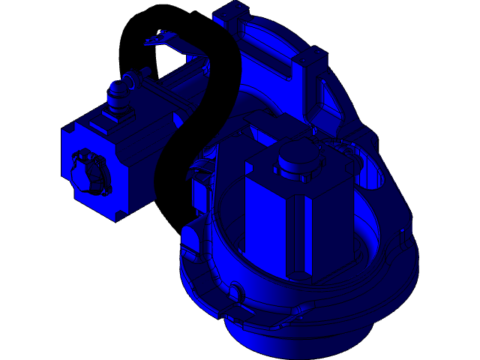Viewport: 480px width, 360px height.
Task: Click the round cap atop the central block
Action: [x=295, y=158]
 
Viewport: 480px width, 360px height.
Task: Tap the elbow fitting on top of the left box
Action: [x=118, y=91]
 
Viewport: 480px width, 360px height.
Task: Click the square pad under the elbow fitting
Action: [x=117, y=113]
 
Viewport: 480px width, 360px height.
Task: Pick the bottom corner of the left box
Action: [x=116, y=219]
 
